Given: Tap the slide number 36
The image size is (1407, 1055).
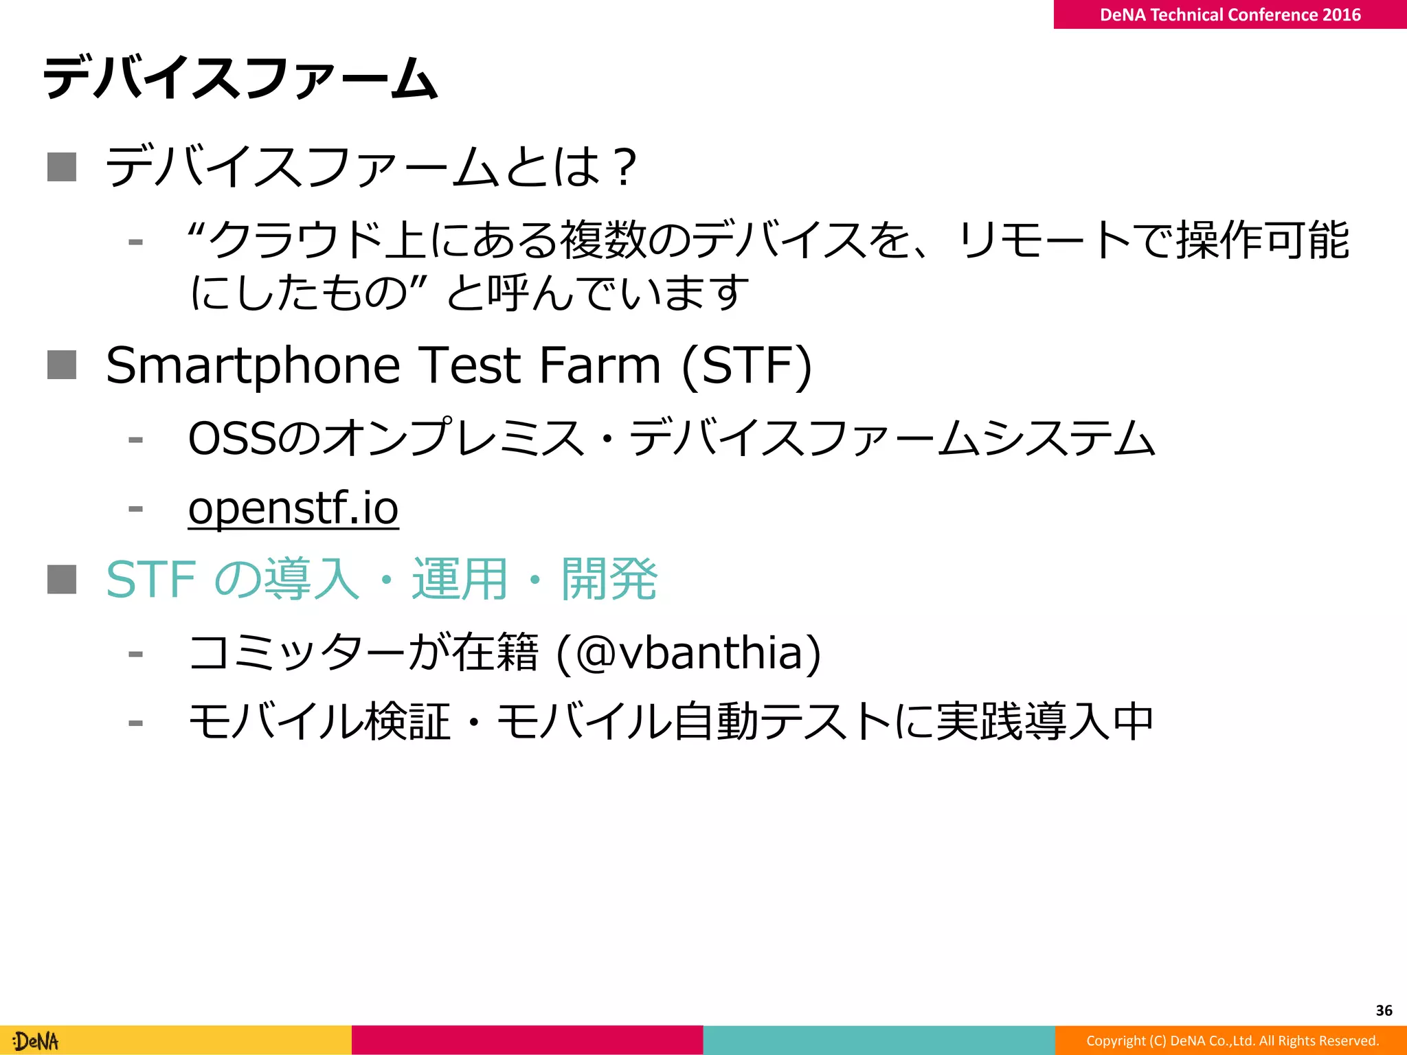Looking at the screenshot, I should point(1384,1010).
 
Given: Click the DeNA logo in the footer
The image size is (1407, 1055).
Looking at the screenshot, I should point(36,1041).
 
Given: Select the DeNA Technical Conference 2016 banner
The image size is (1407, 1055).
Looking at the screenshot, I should point(1230,14).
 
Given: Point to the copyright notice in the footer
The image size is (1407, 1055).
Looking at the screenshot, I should point(1232,1041).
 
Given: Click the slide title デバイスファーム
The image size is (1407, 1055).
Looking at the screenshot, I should point(240,78).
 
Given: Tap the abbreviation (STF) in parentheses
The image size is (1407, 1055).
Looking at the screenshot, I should point(747,365).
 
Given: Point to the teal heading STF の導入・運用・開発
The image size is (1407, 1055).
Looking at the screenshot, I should point(382,579).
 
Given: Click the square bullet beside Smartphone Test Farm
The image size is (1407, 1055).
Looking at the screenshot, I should point(62,365).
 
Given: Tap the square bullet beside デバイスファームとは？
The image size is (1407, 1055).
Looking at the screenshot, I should point(62,167).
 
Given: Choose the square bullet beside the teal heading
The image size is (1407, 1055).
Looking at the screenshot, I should point(62,579).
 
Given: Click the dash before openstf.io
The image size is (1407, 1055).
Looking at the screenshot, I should point(135,509).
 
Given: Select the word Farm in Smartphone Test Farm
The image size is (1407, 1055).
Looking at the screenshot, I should point(600,365).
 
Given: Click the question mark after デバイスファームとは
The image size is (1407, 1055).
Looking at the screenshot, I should point(625,167).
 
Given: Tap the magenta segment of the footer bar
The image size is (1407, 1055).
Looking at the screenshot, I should point(527,1040).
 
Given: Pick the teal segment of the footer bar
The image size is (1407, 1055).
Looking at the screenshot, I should point(879,1040).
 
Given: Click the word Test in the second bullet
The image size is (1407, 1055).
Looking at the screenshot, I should point(471,365).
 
